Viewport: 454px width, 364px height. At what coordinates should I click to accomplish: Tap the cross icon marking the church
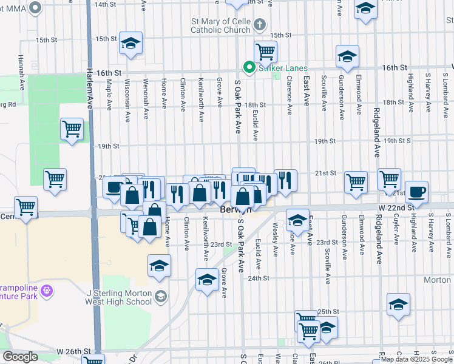click(259, 25)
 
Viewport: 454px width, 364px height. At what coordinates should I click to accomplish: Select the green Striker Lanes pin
click(248, 67)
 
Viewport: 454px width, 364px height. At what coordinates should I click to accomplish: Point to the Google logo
click(19, 357)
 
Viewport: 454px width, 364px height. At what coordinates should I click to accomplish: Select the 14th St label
click(104, 4)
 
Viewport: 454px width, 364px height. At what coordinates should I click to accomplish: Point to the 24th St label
click(258, 278)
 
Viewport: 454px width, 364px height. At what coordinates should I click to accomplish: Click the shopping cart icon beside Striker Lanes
click(265, 52)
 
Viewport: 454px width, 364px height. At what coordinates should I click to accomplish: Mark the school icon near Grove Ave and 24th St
click(207, 280)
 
